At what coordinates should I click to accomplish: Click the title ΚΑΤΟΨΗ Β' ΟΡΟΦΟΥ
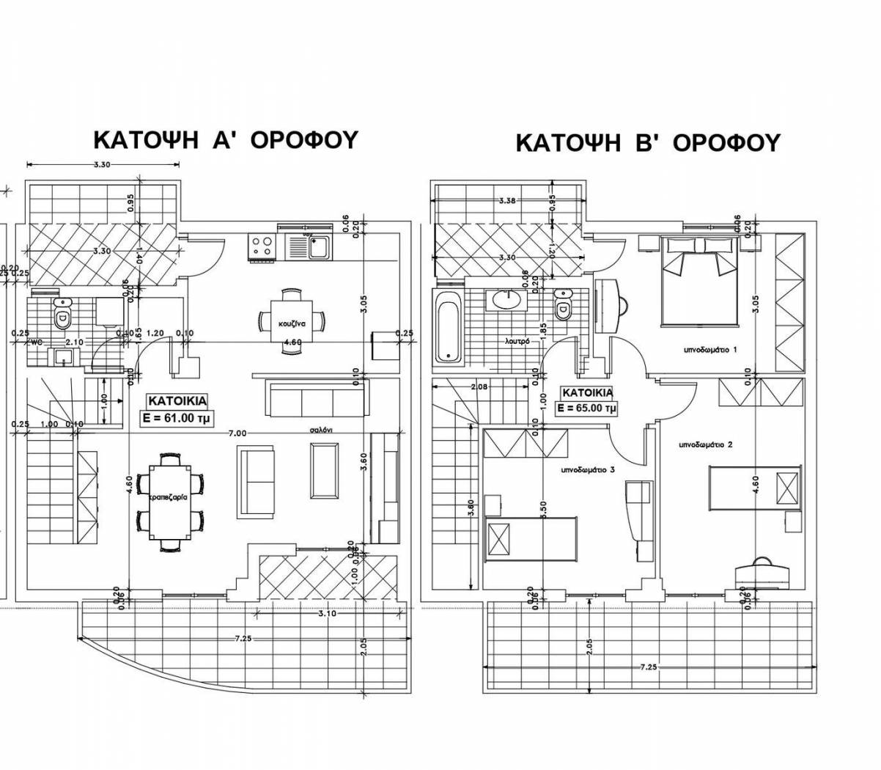point(647,142)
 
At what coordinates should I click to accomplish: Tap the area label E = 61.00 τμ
point(177,419)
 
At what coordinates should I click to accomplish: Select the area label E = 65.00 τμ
point(586,408)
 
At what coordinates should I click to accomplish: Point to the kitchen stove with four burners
point(260,246)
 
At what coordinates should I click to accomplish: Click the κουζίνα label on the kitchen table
point(292,323)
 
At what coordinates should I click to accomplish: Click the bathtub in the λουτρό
point(447,327)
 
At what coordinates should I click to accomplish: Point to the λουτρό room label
point(518,341)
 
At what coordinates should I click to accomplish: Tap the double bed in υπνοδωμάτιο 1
point(699,283)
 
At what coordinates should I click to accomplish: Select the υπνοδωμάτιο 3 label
point(587,469)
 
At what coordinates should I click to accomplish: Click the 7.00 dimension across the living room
point(237,433)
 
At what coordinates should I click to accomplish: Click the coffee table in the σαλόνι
point(323,470)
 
